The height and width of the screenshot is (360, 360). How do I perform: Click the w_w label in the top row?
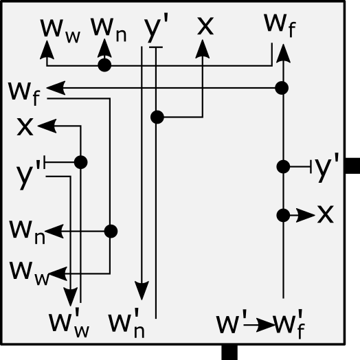coord(60,29)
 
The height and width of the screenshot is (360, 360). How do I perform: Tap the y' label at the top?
coord(157,29)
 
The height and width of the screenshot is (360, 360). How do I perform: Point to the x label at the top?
coord(205,26)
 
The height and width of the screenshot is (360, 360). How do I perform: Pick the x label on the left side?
coord(25,126)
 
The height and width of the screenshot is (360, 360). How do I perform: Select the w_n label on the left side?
coord(27,230)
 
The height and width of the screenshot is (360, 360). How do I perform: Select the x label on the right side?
coord(325,214)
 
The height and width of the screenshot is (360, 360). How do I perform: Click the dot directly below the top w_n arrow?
coord(104,65)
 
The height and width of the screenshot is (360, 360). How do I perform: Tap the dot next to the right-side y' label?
coord(282,166)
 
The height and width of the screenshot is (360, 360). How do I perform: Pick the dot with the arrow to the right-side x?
coord(282,215)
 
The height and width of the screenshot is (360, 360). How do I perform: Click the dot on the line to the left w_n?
coord(110,232)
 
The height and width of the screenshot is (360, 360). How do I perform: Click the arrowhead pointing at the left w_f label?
coord(56,88)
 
